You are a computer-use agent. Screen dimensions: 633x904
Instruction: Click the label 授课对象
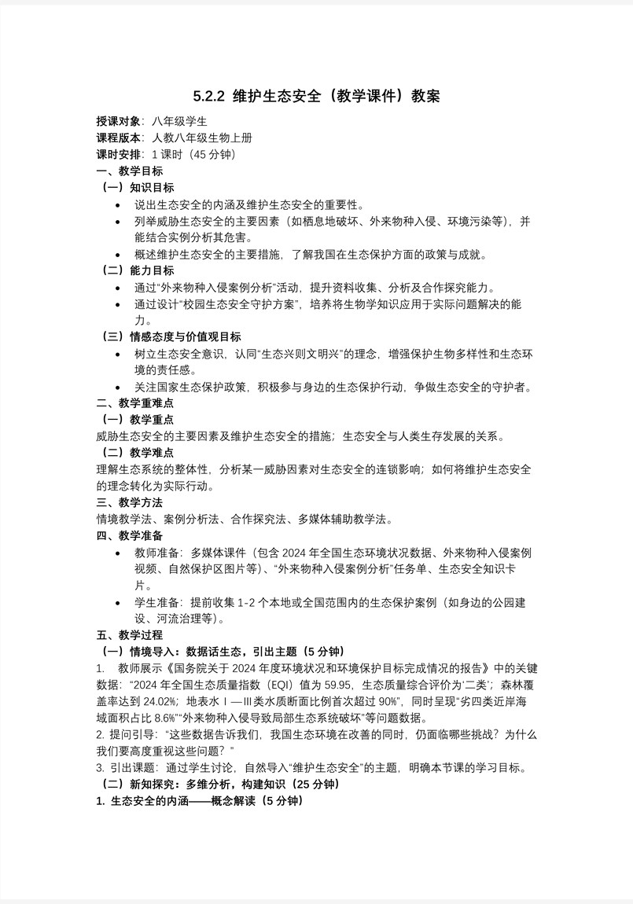click(118, 121)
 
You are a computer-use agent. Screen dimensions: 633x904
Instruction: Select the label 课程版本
click(118, 138)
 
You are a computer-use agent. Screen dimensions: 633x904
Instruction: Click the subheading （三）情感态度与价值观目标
click(171, 336)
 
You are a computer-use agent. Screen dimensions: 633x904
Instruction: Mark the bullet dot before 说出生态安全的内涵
click(118, 204)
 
